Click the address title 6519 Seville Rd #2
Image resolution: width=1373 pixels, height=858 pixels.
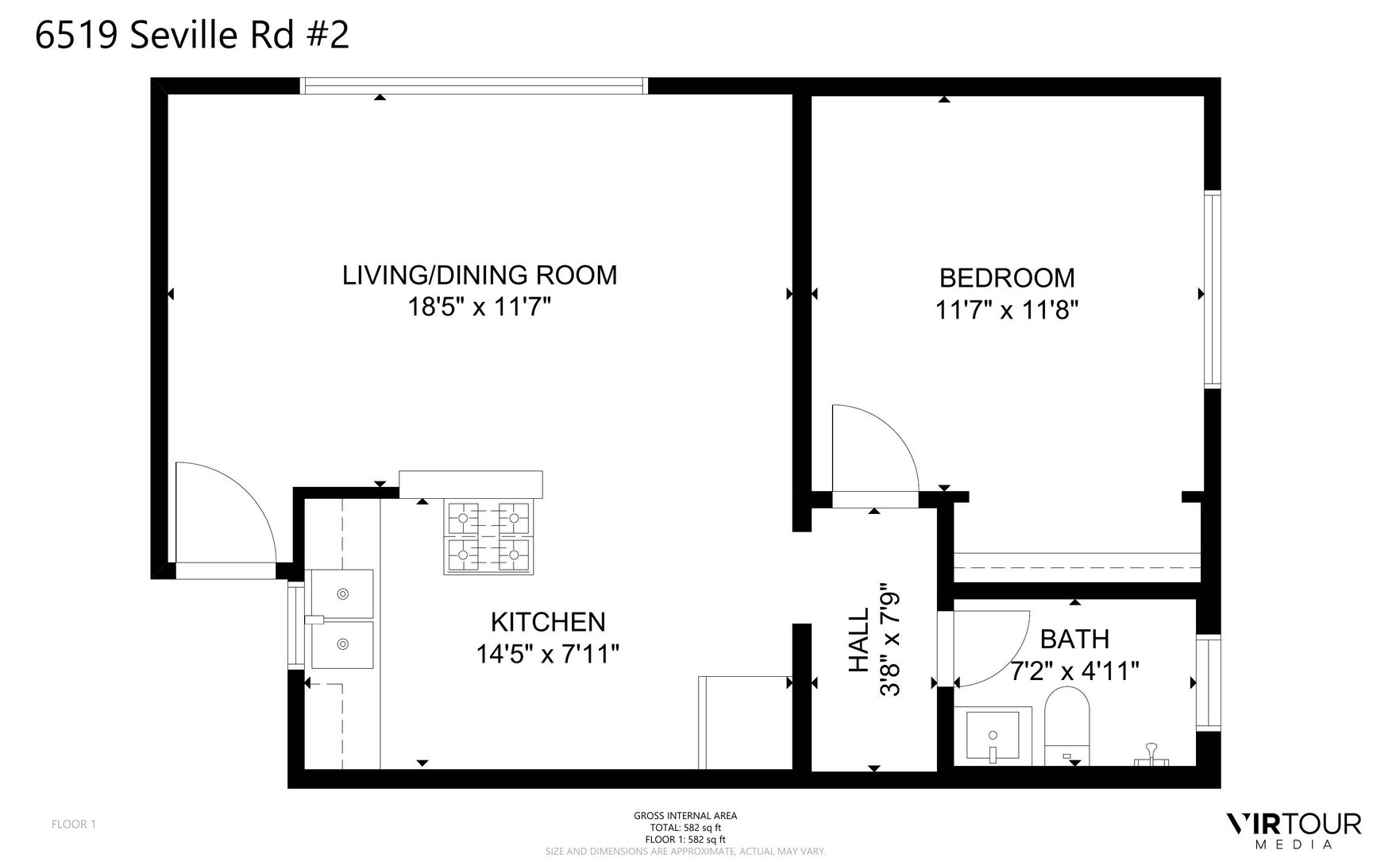[191, 35]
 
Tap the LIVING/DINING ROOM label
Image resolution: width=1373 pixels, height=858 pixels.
[479, 275]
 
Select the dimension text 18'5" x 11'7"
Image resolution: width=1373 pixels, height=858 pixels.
[479, 307]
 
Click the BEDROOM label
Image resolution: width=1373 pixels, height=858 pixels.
[1006, 277]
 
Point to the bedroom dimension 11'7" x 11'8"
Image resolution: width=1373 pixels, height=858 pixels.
[1006, 309]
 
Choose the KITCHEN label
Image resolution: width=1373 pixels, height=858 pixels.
[548, 621]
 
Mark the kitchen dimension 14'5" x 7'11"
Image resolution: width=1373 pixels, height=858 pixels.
[548, 654]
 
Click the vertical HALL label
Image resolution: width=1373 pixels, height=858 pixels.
[860, 640]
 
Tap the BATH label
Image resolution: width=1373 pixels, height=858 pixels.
[1074, 639]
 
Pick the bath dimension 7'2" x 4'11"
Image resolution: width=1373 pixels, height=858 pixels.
[1074, 671]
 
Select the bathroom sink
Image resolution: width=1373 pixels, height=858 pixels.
[993, 736]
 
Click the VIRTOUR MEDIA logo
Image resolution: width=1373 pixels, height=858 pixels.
[1294, 830]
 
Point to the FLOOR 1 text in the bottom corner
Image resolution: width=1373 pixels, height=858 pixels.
[74, 824]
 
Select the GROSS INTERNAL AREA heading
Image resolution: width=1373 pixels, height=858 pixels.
[685, 815]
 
